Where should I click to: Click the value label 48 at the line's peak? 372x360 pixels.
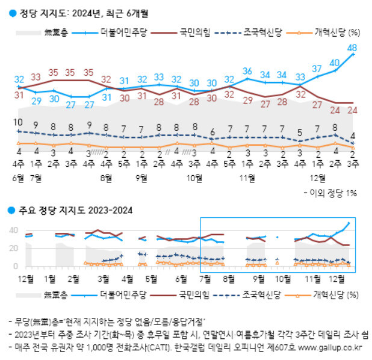click(x=353, y=48)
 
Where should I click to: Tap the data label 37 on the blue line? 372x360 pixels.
click(x=317, y=69)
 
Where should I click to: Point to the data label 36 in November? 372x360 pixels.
click(x=247, y=71)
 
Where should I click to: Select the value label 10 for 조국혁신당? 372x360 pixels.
click(x=19, y=122)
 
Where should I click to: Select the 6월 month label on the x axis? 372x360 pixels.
click(x=18, y=178)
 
